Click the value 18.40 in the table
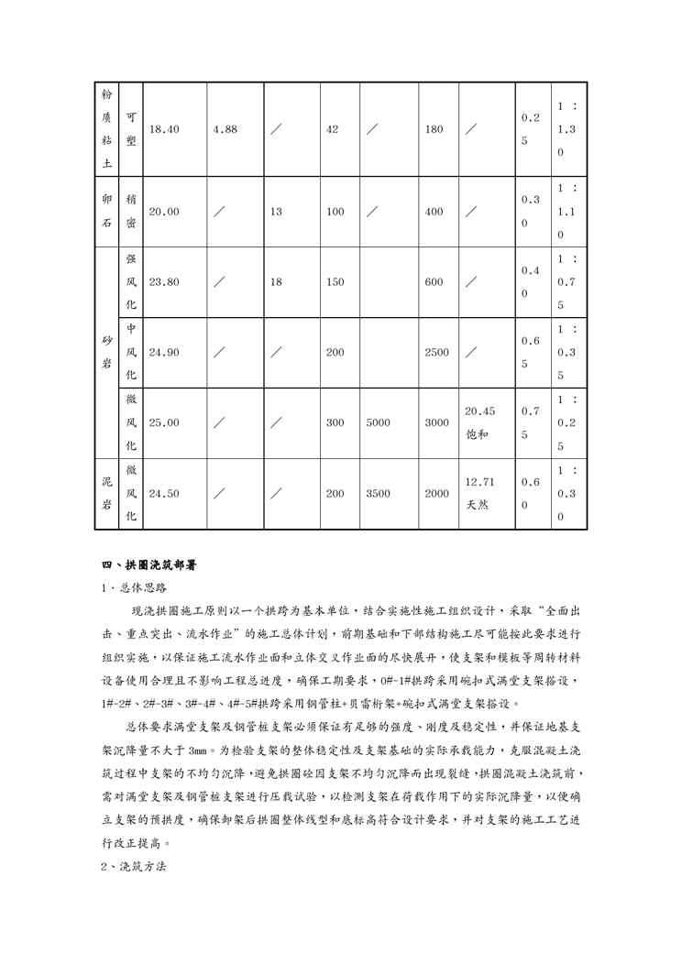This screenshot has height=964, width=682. (163, 130)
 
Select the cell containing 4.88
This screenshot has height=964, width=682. (225, 130)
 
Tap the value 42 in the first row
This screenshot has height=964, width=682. (333, 130)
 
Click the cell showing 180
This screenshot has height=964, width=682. (434, 130)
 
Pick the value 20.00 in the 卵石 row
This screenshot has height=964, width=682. (163, 212)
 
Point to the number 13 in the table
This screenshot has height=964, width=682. (276, 212)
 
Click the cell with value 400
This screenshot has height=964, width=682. (434, 212)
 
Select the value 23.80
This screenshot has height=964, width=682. (163, 282)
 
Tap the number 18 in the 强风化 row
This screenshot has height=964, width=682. (276, 282)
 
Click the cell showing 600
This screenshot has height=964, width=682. (434, 282)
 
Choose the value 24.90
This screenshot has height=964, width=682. (163, 353)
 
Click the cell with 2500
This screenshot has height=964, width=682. (437, 353)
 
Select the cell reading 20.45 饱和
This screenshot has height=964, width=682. (480, 423)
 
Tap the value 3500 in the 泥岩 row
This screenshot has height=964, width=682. (378, 494)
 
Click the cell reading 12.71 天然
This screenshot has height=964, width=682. (480, 494)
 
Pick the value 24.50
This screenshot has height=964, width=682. (163, 494)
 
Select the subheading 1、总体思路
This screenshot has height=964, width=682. (134, 587)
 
